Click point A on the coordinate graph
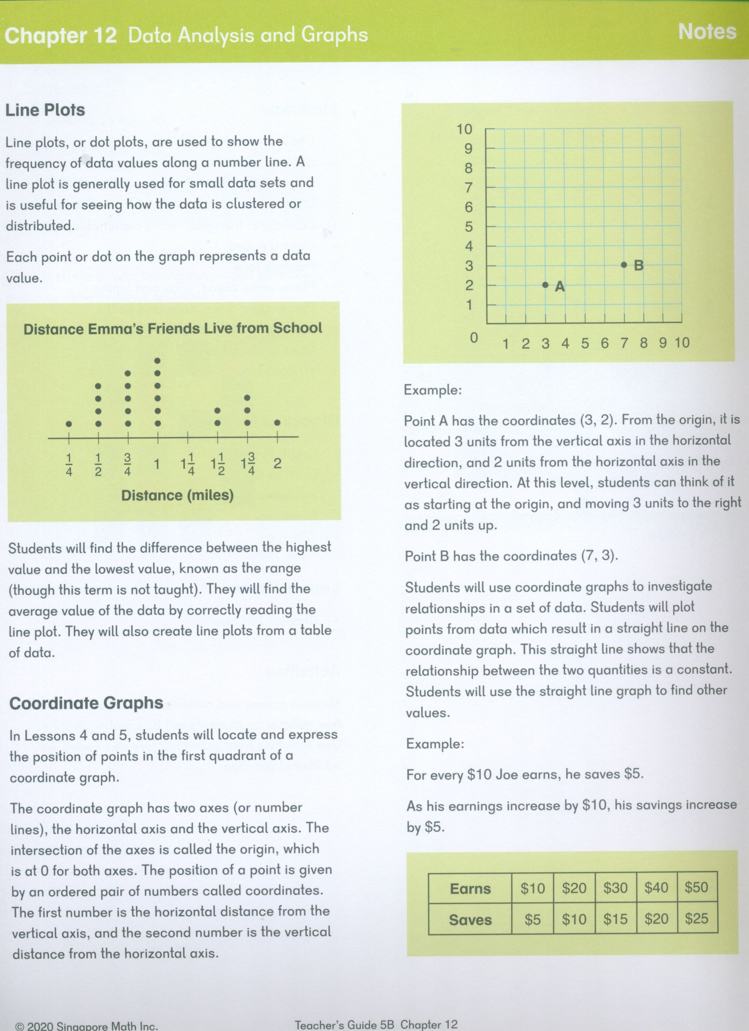click(x=545, y=285)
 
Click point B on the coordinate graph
click(x=624, y=264)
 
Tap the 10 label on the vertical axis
click(x=464, y=130)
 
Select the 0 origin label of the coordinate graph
click(x=474, y=337)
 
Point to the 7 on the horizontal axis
click(x=624, y=343)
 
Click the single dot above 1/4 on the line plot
click(x=69, y=424)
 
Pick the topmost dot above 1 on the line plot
click(x=158, y=361)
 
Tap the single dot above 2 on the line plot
click(x=277, y=423)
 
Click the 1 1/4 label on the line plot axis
click(x=188, y=464)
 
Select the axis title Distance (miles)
click(x=177, y=495)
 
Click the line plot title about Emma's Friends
click(x=173, y=328)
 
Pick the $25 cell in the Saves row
click(x=696, y=919)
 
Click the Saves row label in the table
click(x=470, y=920)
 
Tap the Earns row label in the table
click(x=470, y=888)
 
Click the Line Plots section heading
click(x=45, y=110)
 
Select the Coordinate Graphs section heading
click(x=86, y=703)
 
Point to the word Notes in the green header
click(x=707, y=32)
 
